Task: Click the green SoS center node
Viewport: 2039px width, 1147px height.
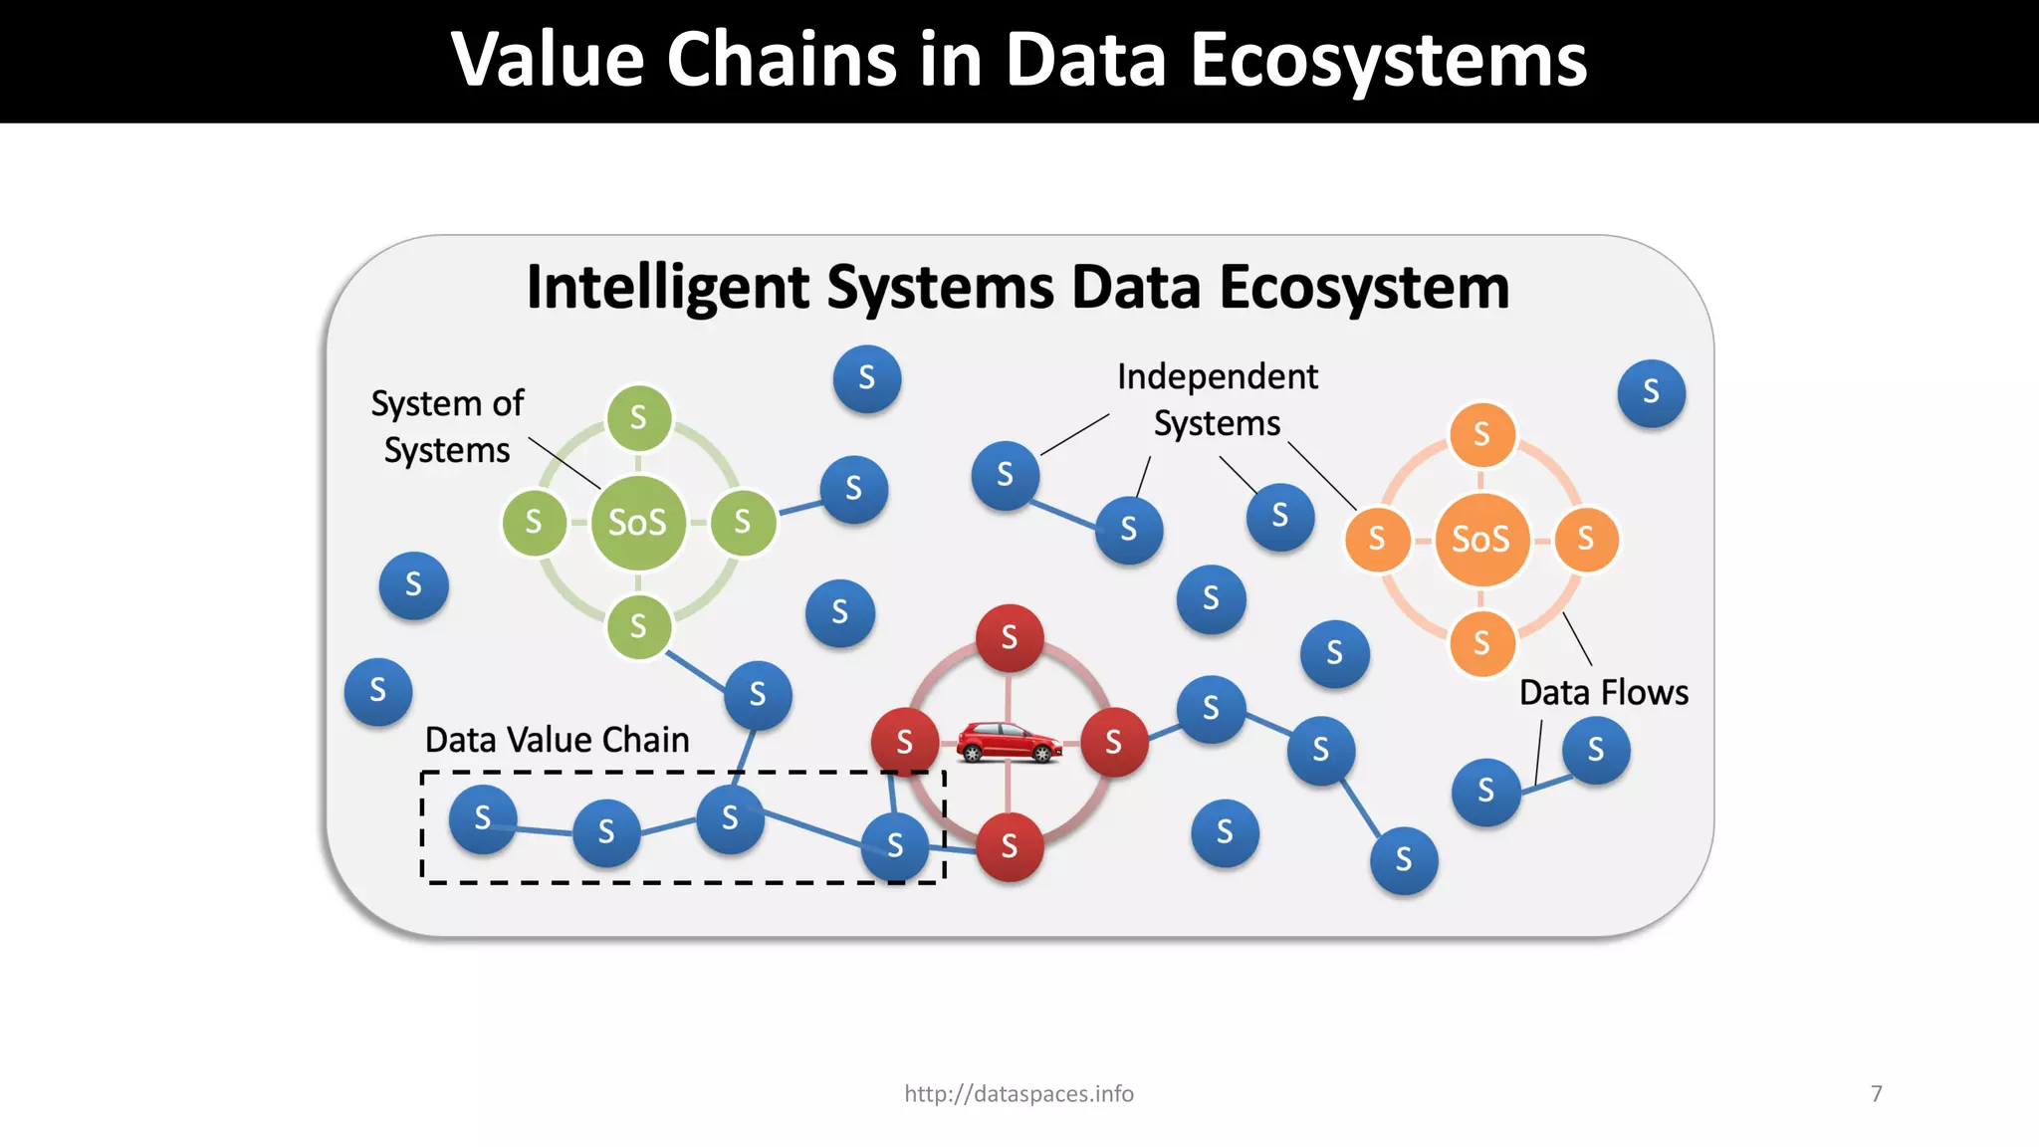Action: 638,523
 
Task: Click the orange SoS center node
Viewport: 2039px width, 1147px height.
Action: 1481,540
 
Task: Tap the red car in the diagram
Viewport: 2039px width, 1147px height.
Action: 1009,743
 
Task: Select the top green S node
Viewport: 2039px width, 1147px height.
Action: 638,418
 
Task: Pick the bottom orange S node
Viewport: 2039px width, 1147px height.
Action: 1481,643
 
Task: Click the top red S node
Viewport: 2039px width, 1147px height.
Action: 1010,637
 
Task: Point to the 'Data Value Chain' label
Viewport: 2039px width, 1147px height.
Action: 557,741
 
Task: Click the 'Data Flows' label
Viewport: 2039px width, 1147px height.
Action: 1603,693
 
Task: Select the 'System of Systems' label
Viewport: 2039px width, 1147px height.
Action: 447,427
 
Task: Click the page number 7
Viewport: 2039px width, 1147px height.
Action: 1877,1094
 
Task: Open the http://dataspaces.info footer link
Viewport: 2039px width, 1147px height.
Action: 1019,1094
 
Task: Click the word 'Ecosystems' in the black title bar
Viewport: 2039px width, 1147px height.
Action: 1388,60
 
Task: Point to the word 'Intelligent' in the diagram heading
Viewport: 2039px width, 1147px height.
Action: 668,289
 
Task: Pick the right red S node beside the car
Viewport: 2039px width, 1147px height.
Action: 1114,743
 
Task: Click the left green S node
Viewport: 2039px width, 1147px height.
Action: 534,522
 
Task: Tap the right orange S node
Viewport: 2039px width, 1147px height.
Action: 1586,540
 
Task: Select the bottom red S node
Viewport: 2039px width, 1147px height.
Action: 1010,847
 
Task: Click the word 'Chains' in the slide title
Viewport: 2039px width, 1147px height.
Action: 782,60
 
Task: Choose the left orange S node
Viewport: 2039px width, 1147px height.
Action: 1377,540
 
